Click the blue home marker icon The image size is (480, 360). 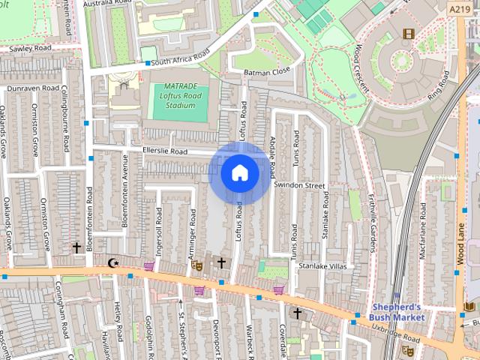coord(240,173)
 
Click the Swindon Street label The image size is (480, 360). coord(299,184)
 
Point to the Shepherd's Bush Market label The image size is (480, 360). coord(398,312)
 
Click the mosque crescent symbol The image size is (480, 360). coord(113,262)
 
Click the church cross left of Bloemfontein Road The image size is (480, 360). coord(76,247)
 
